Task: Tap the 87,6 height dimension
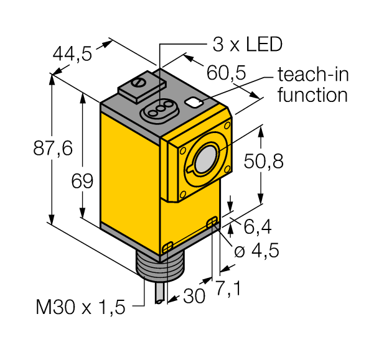click(26, 148)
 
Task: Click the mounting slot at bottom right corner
click(212, 222)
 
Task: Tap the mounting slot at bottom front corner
click(167, 248)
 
